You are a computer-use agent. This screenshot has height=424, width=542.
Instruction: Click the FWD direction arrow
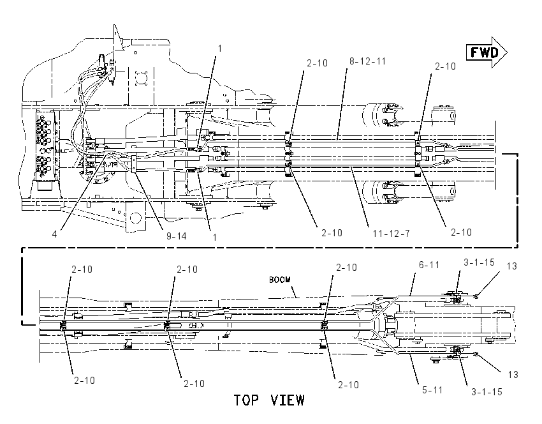pyautogui.click(x=487, y=52)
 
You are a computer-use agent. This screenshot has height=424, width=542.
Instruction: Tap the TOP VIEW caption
pyautogui.click(x=269, y=400)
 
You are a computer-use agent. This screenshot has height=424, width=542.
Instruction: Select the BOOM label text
pyautogui.click(x=280, y=280)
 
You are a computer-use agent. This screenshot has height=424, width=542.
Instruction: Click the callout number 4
pyautogui.click(x=55, y=234)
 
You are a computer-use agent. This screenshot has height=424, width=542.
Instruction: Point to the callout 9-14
pyautogui.click(x=176, y=236)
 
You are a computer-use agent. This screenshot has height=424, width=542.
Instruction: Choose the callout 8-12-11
pyautogui.click(x=367, y=61)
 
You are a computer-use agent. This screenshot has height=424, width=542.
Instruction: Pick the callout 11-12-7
pyautogui.click(x=391, y=234)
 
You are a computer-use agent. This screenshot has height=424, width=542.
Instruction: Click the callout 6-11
pyautogui.click(x=429, y=265)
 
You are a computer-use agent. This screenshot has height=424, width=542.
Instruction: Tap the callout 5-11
pyautogui.click(x=432, y=390)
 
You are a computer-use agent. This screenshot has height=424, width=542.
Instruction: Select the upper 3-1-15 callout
pyautogui.click(x=479, y=262)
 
